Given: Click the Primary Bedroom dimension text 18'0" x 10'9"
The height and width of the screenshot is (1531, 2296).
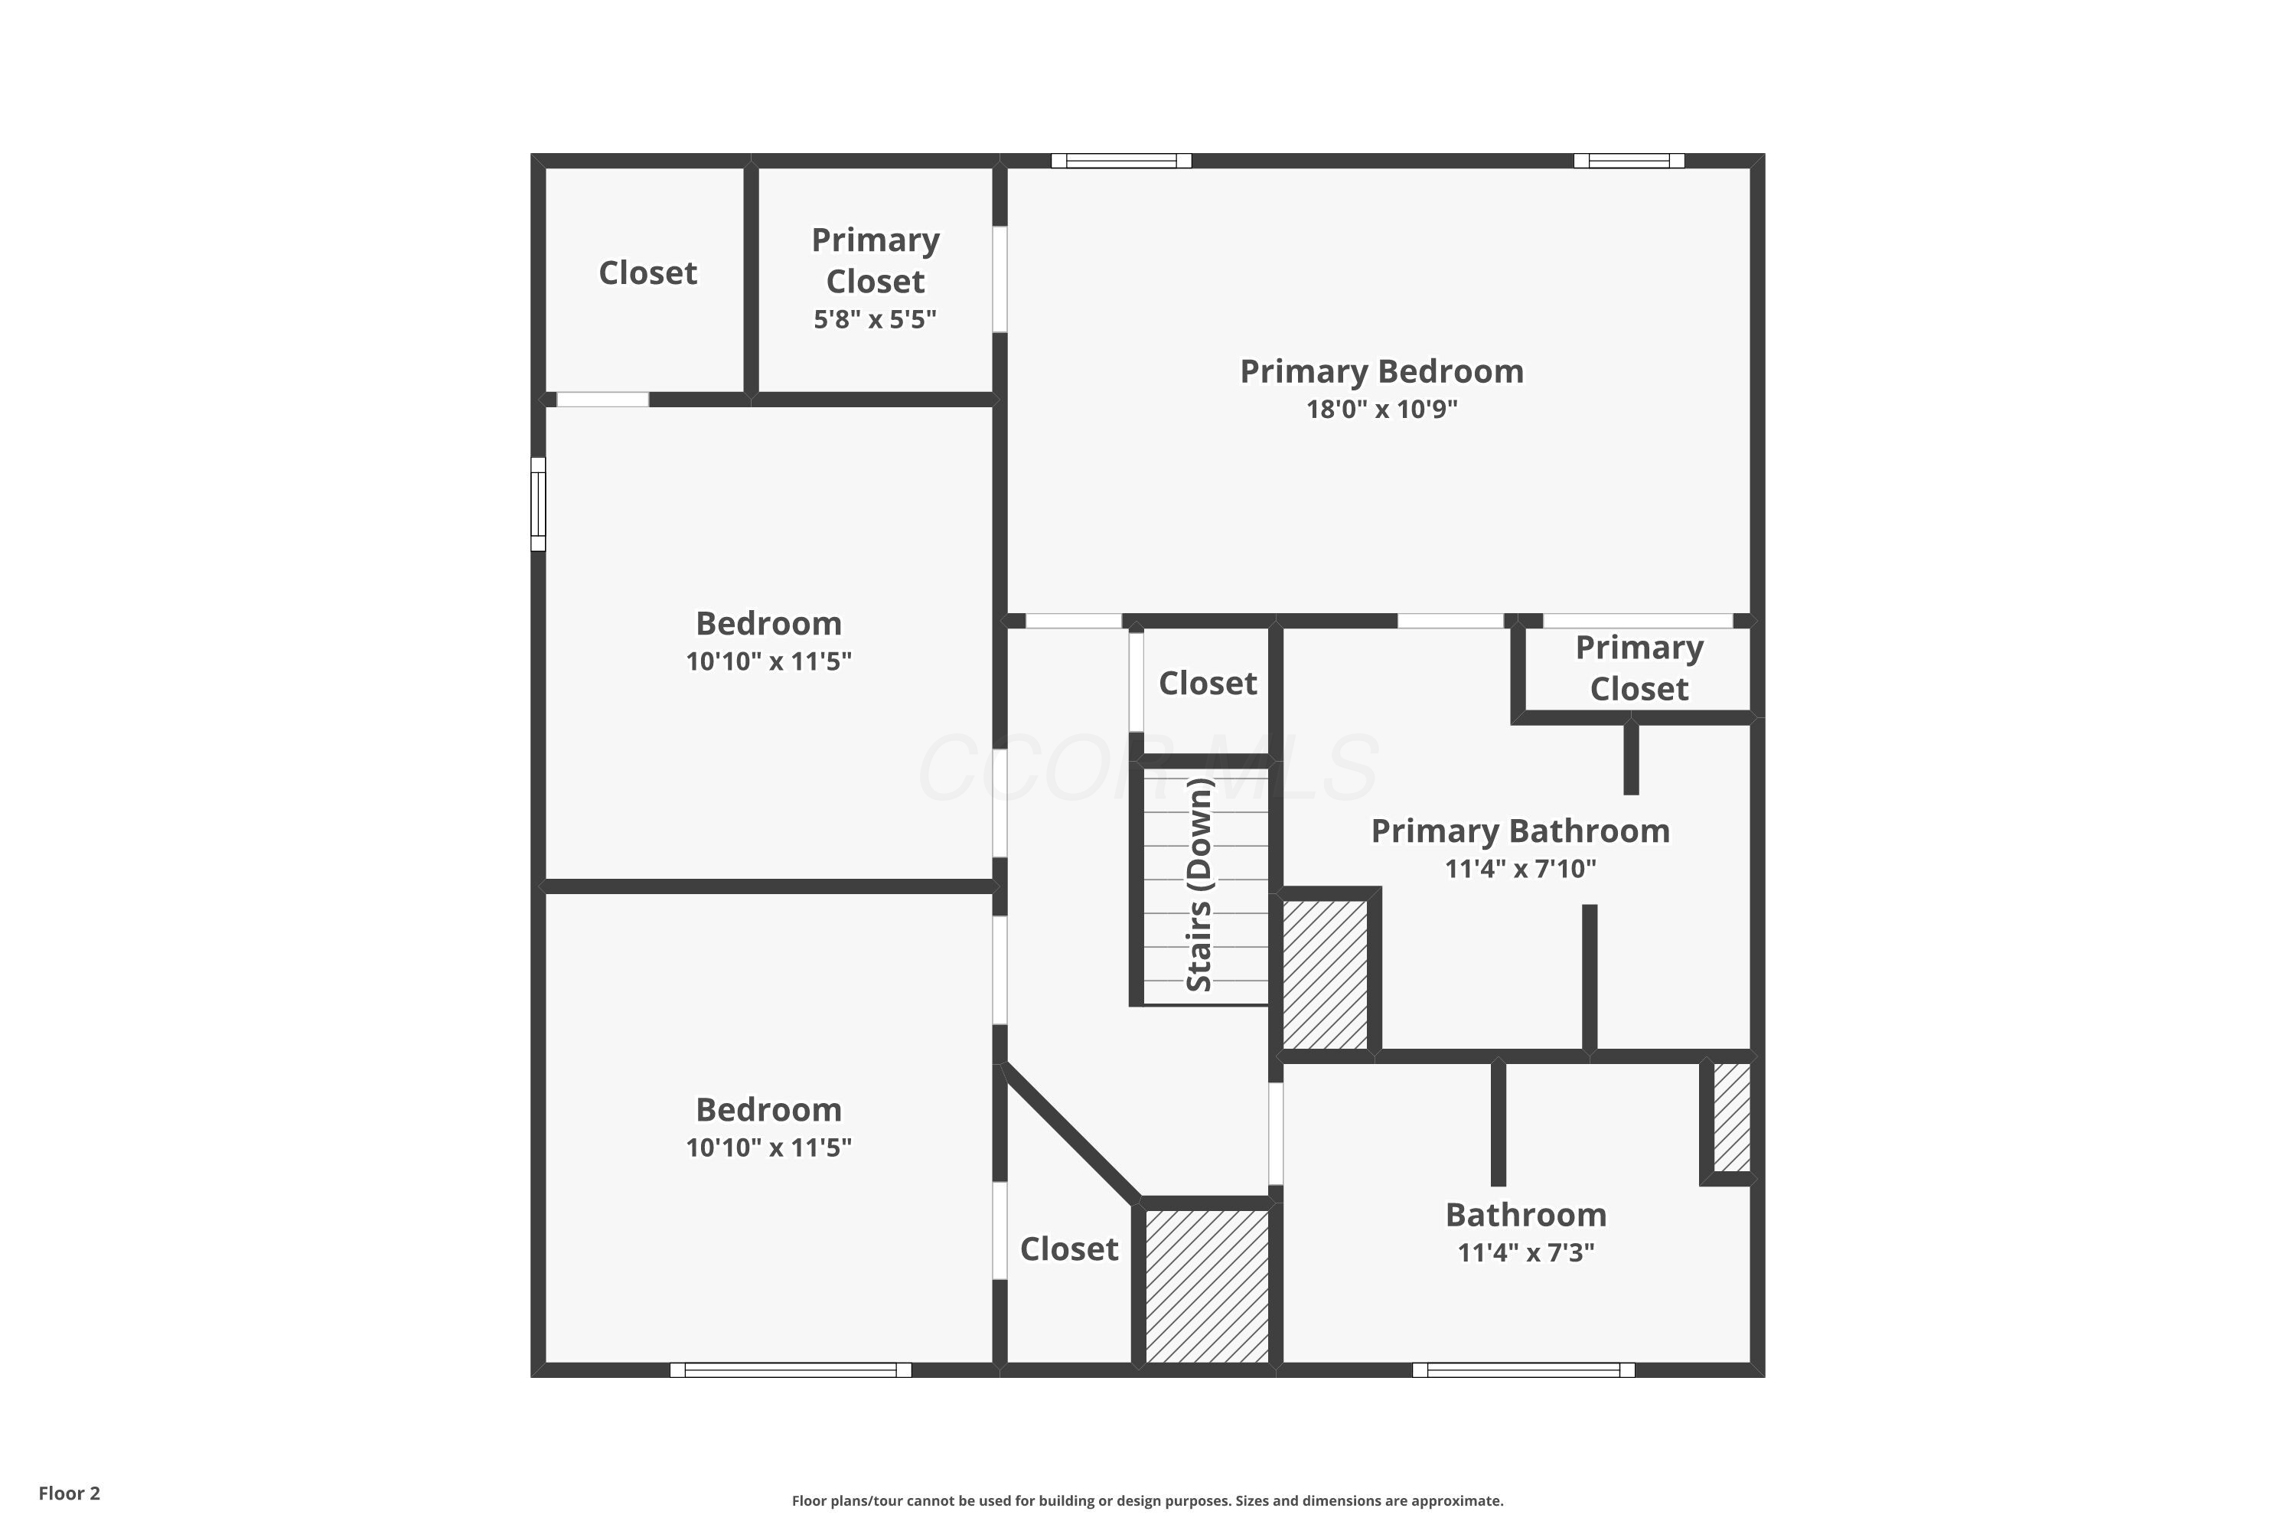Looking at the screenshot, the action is click(1381, 409).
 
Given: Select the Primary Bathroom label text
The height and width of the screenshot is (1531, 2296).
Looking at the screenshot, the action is click(1520, 831).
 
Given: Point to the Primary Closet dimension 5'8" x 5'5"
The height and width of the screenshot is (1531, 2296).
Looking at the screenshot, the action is click(875, 319).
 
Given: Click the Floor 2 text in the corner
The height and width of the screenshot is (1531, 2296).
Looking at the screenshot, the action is click(70, 1493).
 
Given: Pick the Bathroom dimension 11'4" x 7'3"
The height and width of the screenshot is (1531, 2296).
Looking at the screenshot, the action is click(1526, 1252).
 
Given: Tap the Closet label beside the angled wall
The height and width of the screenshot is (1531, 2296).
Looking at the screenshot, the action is click(1069, 1249).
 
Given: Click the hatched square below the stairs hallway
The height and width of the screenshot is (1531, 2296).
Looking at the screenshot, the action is click(1207, 1286).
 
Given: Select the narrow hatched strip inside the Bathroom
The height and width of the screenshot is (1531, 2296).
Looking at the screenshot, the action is click(1732, 1117).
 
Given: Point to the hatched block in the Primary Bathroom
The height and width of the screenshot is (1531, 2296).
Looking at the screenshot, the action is click(1325, 974).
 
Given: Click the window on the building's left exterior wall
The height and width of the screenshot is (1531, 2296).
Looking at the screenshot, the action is click(538, 504).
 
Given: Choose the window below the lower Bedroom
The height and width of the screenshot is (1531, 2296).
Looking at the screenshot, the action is click(791, 1370).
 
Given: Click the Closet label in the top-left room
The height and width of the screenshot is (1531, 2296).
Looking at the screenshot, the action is click(647, 273).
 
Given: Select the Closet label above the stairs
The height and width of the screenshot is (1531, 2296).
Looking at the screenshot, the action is click(1208, 683).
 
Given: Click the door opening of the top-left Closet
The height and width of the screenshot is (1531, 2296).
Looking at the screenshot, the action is click(602, 400).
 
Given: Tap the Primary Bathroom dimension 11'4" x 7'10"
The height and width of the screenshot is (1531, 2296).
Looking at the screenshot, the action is click(1520, 869).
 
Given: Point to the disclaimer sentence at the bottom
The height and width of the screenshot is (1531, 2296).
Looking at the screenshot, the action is click(1147, 1500).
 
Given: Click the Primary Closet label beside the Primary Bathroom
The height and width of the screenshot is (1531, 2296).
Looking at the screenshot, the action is click(1639, 668).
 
